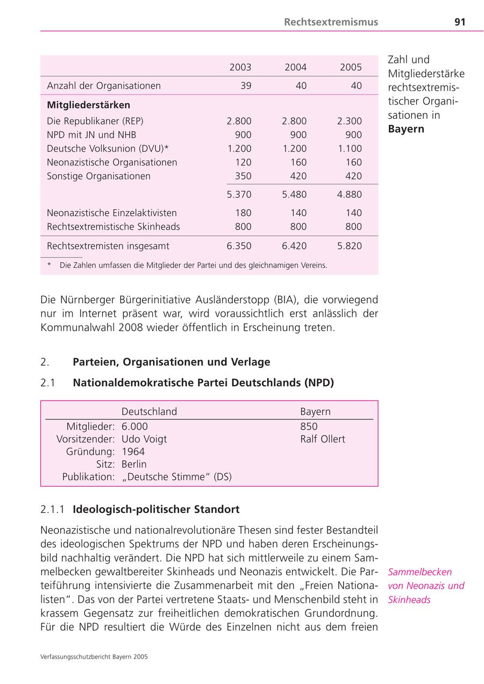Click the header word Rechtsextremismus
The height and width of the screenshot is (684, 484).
click(331, 22)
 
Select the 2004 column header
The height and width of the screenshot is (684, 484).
click(295, 67)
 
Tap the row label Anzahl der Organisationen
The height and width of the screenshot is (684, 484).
click(104, 85)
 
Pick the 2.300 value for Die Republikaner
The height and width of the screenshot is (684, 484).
click(350, 121)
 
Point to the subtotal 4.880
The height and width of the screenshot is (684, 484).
click(350, 194)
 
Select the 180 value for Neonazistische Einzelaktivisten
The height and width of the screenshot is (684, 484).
click(243, 213)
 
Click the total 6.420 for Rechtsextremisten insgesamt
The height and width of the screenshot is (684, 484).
click(294, 246)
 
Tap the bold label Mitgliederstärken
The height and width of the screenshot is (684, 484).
click(89, 105)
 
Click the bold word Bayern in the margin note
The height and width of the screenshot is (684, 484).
click(406, 129)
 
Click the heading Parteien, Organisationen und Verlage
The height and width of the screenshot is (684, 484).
click(171, 362)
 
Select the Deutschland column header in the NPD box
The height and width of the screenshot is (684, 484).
click(149, 411)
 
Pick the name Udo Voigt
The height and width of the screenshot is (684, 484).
click(144, 439)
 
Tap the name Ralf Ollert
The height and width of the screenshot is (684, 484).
click(323, 439)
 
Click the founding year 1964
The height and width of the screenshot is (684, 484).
click(133, 452)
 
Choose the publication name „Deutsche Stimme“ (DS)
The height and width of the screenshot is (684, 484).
click(176, 476)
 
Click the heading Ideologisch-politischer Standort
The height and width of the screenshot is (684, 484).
click(156, 509)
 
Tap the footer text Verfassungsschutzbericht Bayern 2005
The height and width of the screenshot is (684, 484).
click(94, 657)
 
